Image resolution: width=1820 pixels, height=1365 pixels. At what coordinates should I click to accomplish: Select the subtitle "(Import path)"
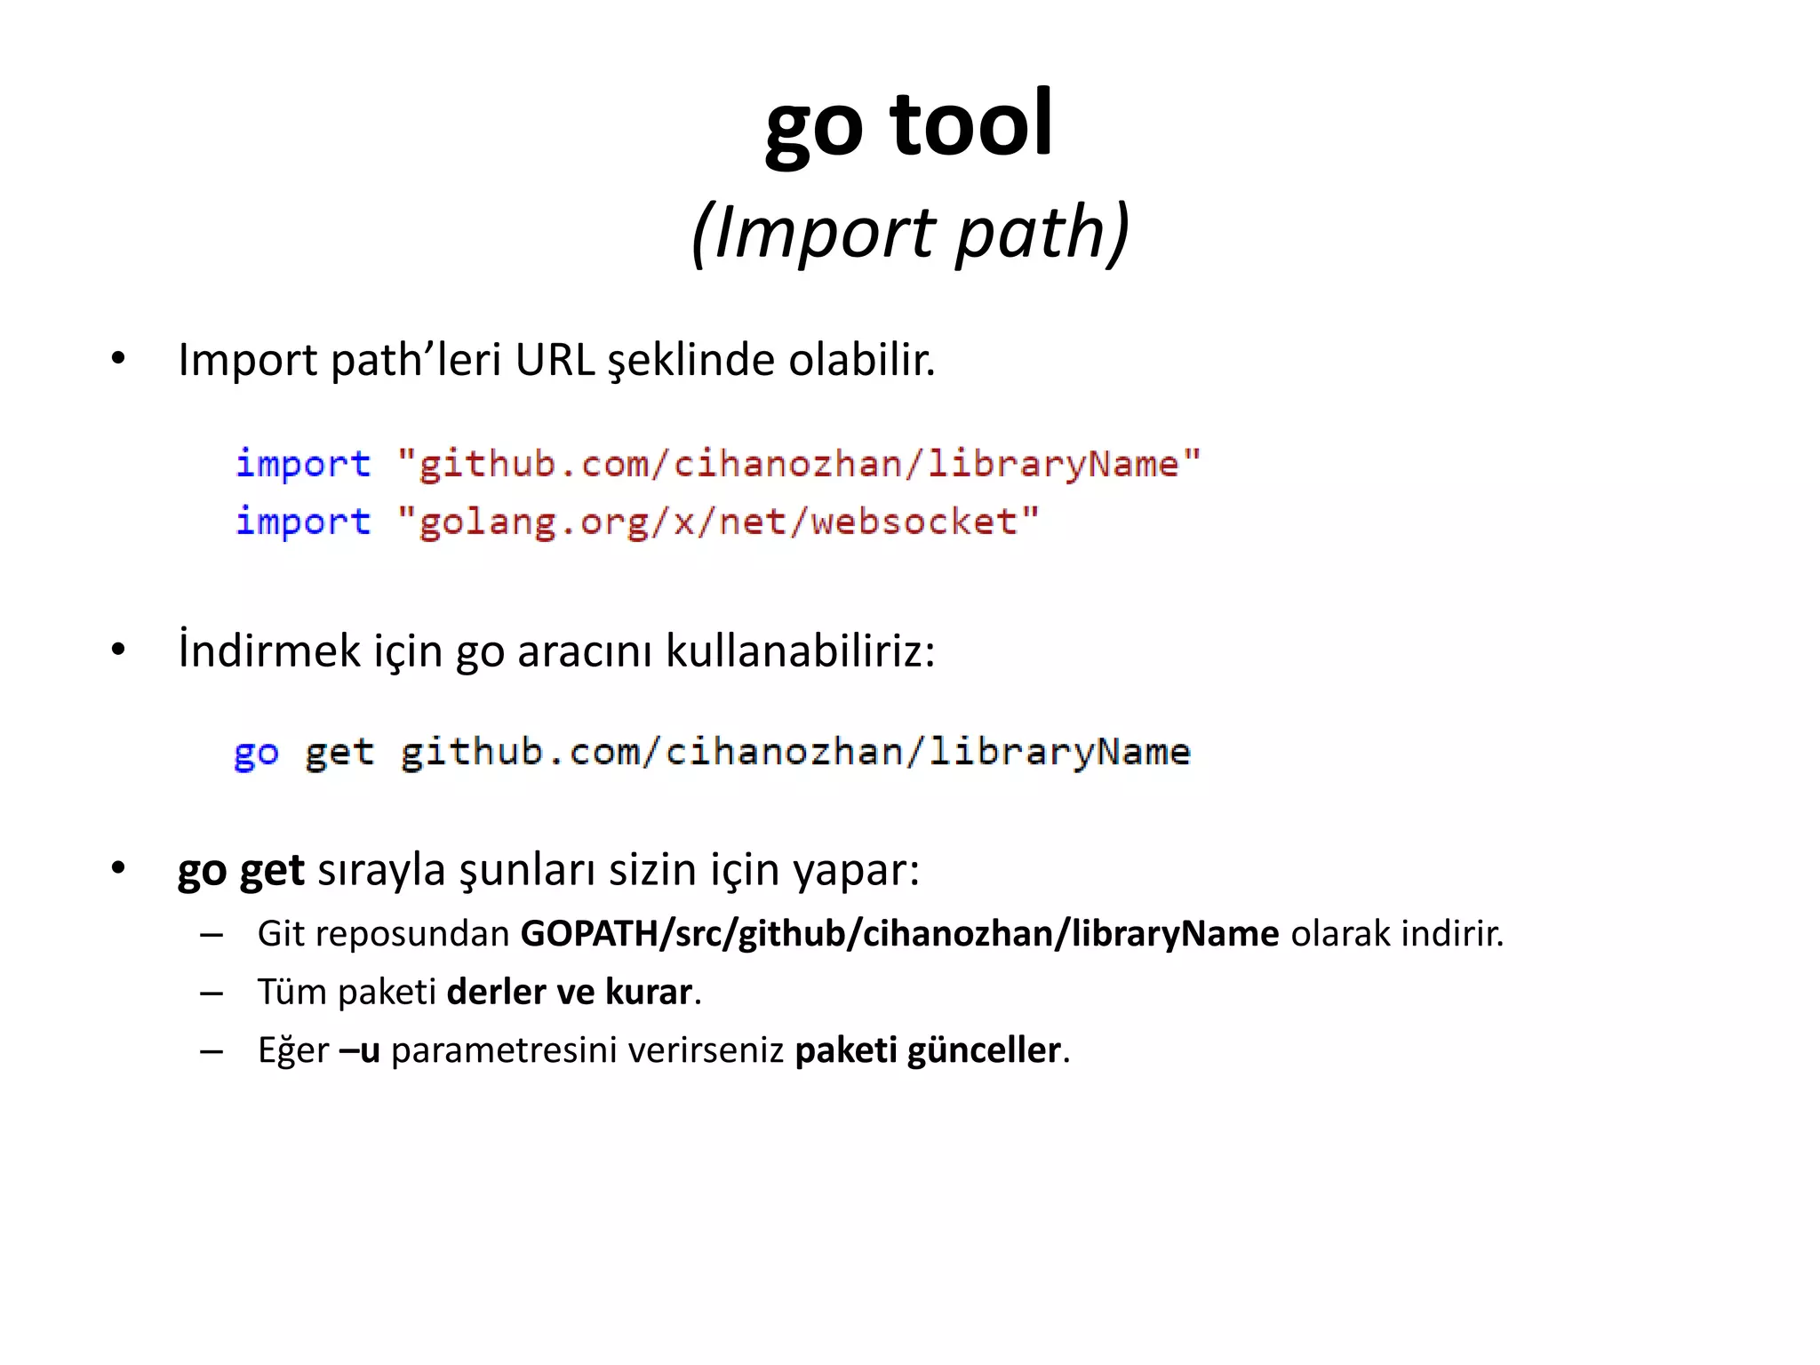pyautogui.click(x=910, y=233)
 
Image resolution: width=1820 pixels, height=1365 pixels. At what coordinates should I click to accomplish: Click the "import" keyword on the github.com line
pyautogui.click(x=303, y=464)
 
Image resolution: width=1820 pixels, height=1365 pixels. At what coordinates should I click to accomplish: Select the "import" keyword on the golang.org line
pyautogui.click(x=303, y=522)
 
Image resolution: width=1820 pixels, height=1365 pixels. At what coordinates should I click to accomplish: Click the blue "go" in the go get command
pyautogui.click(x=256, y=754)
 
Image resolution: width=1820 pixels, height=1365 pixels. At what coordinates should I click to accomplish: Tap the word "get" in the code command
pyautogui.click(x=339, y=754)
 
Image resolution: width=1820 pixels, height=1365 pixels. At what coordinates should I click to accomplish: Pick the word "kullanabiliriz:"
pyautogui.click(x=800, y=651)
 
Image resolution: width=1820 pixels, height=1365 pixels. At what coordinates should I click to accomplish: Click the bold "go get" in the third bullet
pyautogui.click(x=241, y=869)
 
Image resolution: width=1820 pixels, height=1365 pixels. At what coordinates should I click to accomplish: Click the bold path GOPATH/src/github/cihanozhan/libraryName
pyautogui.click(x=899, y=934)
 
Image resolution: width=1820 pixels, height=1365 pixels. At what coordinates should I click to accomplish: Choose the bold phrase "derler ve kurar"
pyautogui.click(x=569, y=992)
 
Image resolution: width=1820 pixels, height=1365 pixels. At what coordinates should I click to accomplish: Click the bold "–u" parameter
pyautogui.click(x=360, y=1050)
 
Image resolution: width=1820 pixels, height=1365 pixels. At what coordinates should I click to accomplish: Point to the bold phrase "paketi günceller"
pyautogui.click(x=927, y=1050)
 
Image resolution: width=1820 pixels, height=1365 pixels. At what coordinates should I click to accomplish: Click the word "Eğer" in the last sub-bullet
pyautogui.click(x=293, y=1050)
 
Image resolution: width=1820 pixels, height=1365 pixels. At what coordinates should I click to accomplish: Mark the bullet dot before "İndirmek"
pyautogui.click(x=118, y=651)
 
